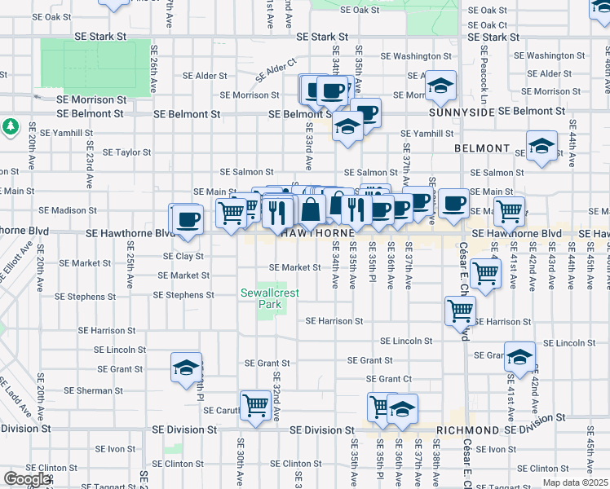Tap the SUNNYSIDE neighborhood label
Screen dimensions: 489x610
462,111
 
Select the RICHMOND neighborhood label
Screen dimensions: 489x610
467,430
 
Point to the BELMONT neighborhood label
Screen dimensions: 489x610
482,150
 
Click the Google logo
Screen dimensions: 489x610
25,479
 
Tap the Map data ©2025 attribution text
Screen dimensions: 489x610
576,482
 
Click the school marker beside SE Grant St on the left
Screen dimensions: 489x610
186,367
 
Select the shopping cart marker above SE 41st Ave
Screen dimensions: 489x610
509,211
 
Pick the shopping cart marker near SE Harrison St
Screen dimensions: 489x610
460,310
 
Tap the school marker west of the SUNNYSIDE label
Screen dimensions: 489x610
440,84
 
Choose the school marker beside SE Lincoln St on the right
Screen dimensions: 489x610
519,356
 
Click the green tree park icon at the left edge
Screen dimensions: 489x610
11,127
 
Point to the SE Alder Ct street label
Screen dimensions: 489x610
276,70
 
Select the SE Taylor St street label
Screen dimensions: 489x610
122,152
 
